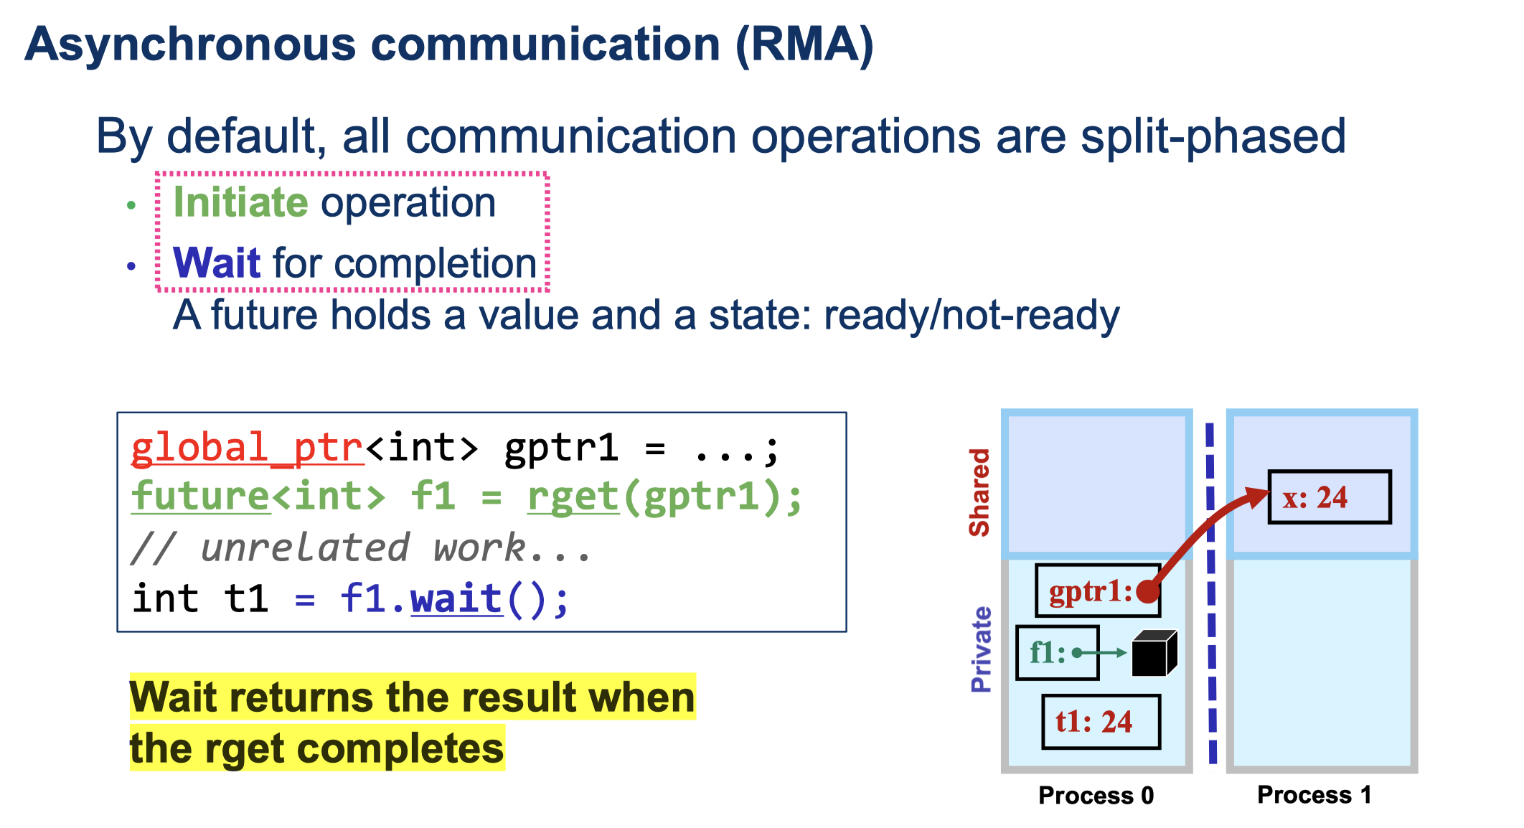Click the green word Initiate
(x=240, y=202)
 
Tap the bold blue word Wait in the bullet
(x=216, y=263)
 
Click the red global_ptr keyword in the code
(x=247, y=448)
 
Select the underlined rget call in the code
(x=573, y=497)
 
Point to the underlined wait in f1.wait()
(x=456, y=599)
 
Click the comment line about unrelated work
(x=361, y=548)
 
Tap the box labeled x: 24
(x=1329, y=497)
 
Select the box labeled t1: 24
(x=1101, y=722)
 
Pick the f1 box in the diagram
(x=1057, y=653)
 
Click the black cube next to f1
(x=1153, y=653)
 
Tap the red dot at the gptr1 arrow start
(x=1148, y=591)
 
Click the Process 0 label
(x=1096, y=795)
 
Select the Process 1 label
(x=1314, y=794)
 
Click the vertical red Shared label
(x=979, y=492)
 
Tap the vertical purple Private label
(x=981, y=649)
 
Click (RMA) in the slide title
(x=804, y=44)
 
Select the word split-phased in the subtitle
(x=1213, y=136)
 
